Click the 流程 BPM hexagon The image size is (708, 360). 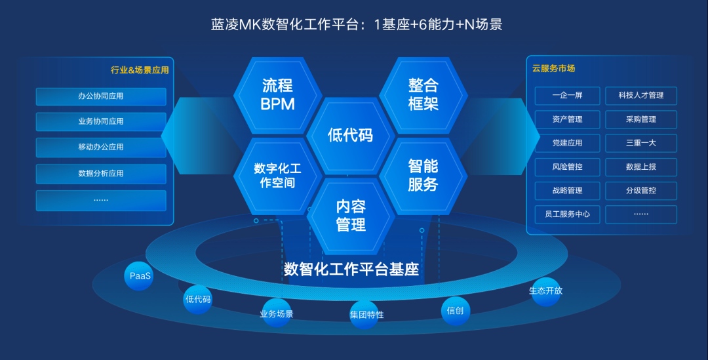point(278,95)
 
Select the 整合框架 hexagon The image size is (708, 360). point(423,95)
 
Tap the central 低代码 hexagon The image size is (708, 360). point(350,135)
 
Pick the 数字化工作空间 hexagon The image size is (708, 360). point(278,176)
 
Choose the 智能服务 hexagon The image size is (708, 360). point(423,176)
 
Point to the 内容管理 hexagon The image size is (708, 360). point(350,216)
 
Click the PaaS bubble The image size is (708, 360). point(139,276)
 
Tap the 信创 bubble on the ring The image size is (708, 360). point(455,311)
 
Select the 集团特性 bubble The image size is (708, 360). point(365,315)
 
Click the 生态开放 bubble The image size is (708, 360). point(546,291)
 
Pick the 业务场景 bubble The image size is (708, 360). point(277,313)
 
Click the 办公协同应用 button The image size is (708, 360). point(101,96)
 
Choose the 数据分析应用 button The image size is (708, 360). point(101,174)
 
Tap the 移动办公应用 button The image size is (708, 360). point(101,148)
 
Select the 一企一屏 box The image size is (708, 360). point(568,95)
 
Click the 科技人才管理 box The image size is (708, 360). point(641,95)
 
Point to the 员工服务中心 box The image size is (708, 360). point(568,214)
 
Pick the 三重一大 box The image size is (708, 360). point(641,143)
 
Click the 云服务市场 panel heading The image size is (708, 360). point(553,69)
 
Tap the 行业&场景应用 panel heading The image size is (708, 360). point(140,70)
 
